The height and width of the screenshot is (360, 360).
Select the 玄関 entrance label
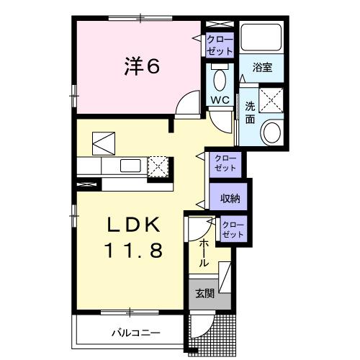[203, 293]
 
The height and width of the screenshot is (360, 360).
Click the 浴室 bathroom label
[261, 68]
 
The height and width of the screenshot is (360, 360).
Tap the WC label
[220, 99]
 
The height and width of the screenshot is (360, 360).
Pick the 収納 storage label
[230, 197]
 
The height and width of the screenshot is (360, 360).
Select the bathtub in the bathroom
[261, 37]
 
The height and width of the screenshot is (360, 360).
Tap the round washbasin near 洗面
[271, 132]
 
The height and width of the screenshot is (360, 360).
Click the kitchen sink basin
[131, 166]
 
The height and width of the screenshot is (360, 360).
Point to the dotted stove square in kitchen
[158, 166]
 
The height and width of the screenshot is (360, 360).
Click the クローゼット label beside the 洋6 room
[219, 45]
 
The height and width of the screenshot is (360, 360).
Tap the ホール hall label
[204, 253]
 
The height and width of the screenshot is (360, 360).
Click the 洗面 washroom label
[250, 113]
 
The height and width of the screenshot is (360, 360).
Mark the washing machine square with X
[271, 99]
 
